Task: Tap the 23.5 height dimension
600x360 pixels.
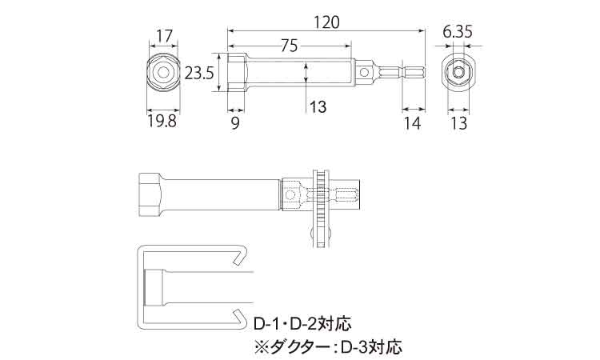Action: click(198, 73)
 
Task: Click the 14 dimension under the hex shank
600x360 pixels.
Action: click(412, 122)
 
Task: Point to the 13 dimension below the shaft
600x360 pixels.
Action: click(318, 106)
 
